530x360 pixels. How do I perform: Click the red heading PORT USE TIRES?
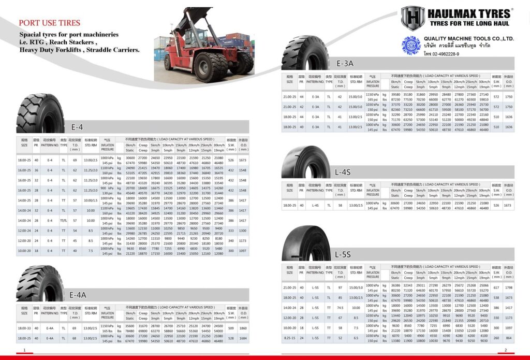tap(50, 23)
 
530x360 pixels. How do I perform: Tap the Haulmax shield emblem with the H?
tap(413, 18)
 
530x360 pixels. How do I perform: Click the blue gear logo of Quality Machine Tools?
tap(411, 45)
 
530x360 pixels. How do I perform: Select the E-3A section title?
tap(345, 63)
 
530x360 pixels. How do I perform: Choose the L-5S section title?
tap(343, 254)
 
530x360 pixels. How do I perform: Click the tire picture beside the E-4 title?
tap(40, 113)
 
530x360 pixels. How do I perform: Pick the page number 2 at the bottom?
tap(506, 351)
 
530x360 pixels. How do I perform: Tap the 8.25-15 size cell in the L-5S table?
tap(289, 338)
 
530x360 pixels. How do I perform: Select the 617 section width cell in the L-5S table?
tap(496, 287)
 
